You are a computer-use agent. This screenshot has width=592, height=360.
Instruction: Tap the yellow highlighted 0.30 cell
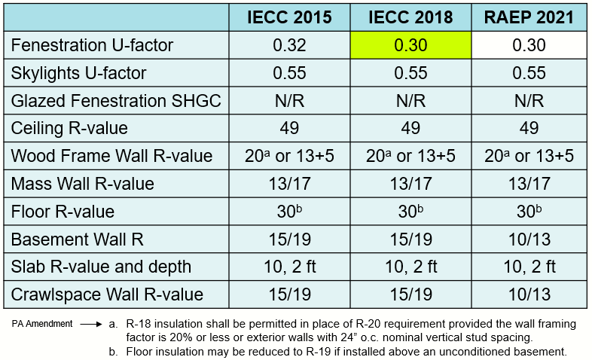[x=410, y=46]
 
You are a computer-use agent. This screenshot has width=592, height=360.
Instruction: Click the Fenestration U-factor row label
[x=93, y=46]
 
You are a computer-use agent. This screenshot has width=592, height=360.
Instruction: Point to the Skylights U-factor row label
[x=79, y=74]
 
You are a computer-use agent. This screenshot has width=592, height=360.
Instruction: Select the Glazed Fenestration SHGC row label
[x=117, y=101]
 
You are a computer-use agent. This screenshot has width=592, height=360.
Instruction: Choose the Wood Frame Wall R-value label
[x=112, y=157]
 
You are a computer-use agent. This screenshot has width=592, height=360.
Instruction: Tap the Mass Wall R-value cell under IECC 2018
[x=410, y=184]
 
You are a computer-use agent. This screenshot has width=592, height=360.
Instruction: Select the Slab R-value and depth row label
[x=102, y=267]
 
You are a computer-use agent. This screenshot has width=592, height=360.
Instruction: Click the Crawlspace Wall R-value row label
[x=108, y=294]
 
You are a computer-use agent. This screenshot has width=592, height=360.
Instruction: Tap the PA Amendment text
[x=42, y=324]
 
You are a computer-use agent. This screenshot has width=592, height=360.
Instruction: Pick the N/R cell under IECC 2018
[x=410, y=101]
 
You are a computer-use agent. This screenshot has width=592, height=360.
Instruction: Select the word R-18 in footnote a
[x=142, y=324]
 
